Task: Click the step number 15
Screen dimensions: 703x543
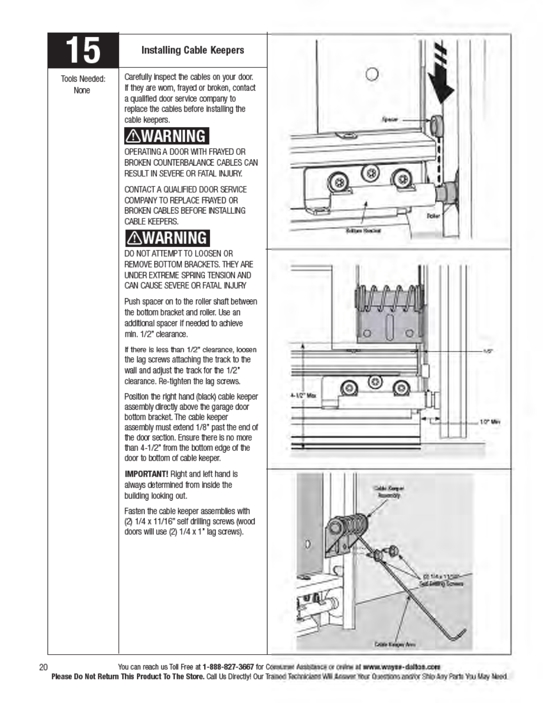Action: [83, 50]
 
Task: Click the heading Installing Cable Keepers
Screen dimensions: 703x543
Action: [193, 50]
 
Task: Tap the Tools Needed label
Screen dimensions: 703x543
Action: [83, 79]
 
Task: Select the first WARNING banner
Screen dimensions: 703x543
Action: [167, 136]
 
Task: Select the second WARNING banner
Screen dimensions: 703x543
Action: [167, 238]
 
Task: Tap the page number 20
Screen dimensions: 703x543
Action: [43, 667]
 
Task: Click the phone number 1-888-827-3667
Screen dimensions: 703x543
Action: [228, 667]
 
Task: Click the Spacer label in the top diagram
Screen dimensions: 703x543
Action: [390, 119]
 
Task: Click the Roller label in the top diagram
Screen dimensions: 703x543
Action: [433, 216]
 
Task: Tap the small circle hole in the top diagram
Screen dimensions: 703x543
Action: [372, 74]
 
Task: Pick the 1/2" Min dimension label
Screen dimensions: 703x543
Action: [490, 422]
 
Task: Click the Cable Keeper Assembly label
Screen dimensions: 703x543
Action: [389, 491]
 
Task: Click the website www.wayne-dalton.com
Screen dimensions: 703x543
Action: [401, 667]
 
